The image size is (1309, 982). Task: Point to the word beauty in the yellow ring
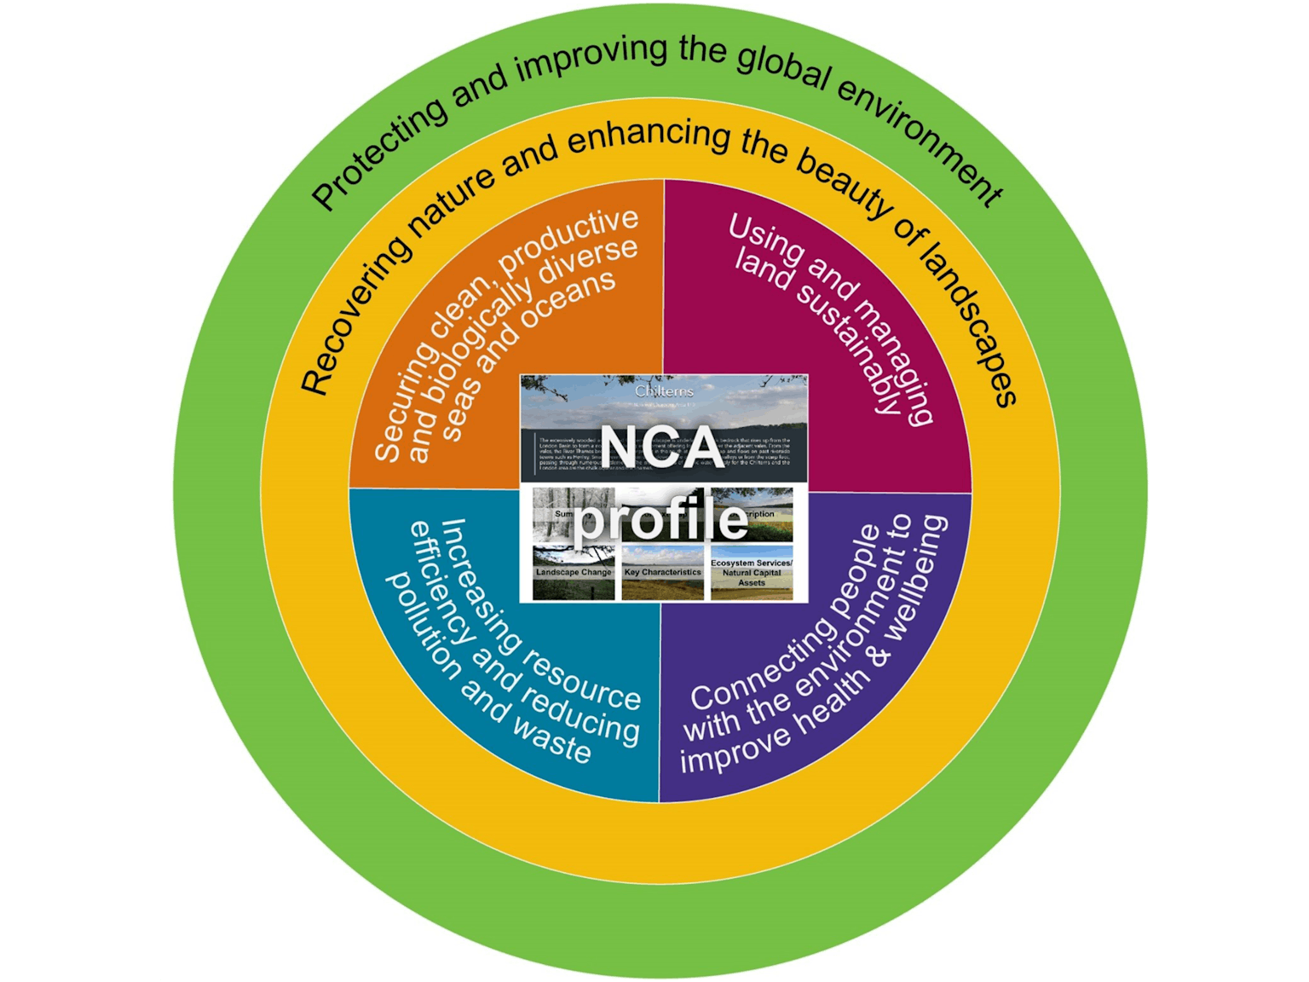[x=845, y=185]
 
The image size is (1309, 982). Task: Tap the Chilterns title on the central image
[x=664, y=391]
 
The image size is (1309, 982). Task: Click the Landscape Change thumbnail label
[x=574, y=573]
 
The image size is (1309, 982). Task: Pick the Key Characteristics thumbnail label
[x=662, y=573]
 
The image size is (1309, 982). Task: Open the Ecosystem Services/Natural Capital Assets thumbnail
[x=751, y=573]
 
